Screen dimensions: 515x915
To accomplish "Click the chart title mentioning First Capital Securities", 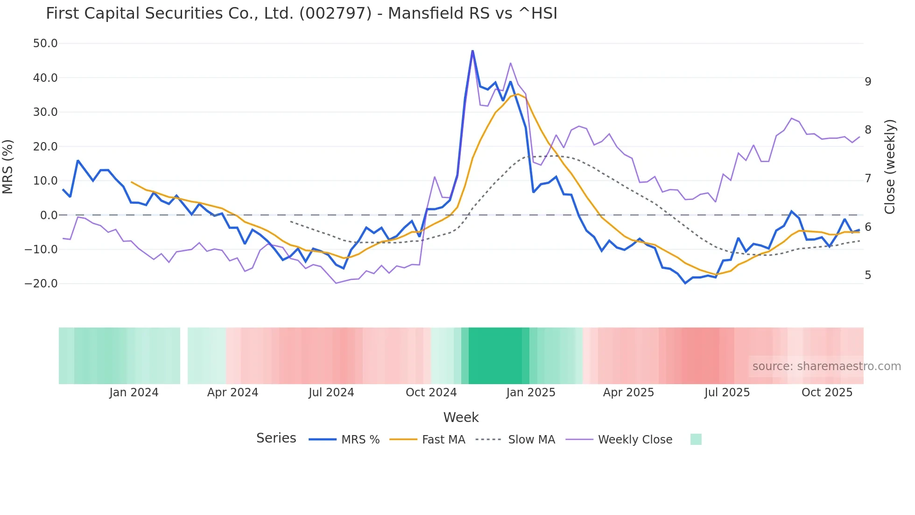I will [x=302, y=14].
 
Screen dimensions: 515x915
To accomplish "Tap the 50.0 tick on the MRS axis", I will [x=45, y=43].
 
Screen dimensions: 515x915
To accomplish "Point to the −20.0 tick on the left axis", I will [x=41, y=284].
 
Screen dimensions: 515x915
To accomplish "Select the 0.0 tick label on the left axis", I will [x=49, y=215].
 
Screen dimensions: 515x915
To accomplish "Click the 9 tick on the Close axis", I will [x=868, y=82].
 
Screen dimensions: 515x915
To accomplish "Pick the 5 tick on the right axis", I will [x=868, y=275].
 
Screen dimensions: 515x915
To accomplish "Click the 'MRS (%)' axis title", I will [x=8, y=167].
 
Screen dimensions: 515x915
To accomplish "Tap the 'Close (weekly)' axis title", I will [x=890, y=167].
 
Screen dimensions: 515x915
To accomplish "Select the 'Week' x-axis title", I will [x=461, y=417].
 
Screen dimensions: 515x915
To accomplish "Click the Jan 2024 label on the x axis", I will [x=134, y=393].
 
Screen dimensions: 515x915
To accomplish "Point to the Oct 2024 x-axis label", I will [x=431, y=393].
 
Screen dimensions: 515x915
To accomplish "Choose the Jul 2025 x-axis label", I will [x=727, y=393].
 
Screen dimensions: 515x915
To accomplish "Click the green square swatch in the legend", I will [x=696, y=439].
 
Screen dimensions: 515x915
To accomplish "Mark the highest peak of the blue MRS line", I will [x=472, y=51].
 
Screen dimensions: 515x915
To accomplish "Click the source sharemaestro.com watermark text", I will [x=826, y=366].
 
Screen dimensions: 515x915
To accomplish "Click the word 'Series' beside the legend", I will [x=276, y=438].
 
